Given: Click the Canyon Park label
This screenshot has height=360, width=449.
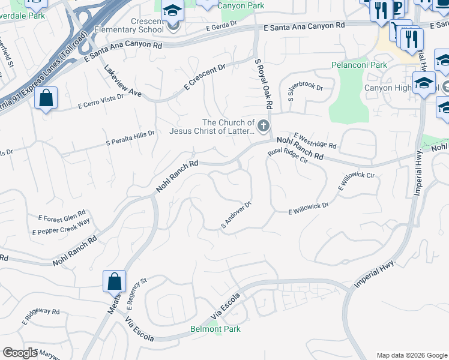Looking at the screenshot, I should tap(241, 5).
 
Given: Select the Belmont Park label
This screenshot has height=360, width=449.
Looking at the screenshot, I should tap(215, 329).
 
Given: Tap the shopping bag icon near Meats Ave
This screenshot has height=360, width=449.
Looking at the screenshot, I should tap(114, 281).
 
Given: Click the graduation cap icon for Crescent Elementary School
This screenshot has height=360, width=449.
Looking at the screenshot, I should tap(173, 12).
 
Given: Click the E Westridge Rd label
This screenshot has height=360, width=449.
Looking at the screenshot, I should tap(315, 141).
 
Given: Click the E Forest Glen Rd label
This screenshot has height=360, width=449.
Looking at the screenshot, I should tap(62, 215).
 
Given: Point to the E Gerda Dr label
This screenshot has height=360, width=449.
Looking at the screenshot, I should tap(221, 28).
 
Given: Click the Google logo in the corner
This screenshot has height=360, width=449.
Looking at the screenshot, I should tap(20, 353).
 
